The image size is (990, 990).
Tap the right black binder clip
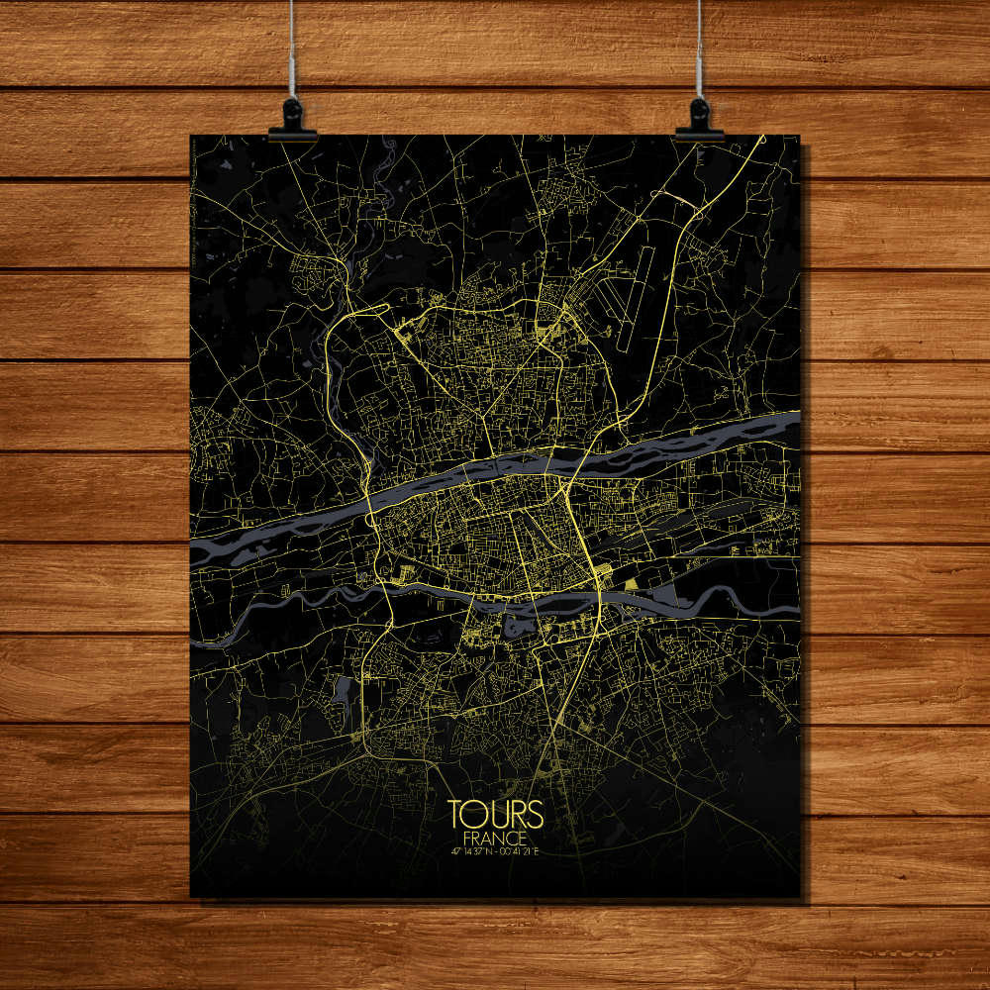coord(699,116)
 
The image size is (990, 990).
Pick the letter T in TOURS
coord(457,814)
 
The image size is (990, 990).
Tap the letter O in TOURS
coord(476,814)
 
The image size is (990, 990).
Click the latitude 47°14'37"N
coord(469,849)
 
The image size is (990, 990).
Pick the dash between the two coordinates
coord(496,849)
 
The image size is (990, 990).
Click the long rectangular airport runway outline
coord(636,297)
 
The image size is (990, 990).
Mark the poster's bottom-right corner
coord(799,897)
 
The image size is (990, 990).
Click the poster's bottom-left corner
coord(191,896)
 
